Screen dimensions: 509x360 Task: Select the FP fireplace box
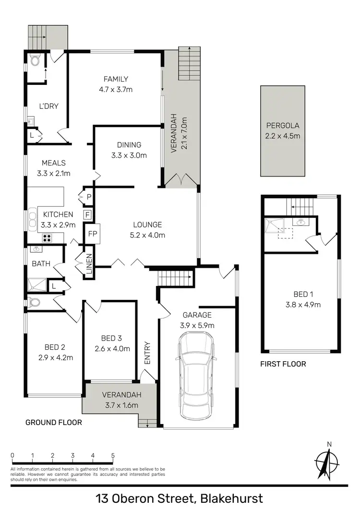point(93,234)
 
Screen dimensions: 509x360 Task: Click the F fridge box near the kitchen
point(88,214)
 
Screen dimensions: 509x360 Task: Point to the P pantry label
point(89,197)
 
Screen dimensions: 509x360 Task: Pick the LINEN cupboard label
point(89,264)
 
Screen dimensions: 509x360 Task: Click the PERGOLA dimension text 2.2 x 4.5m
point(283,136)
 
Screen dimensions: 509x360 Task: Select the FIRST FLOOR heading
point(283,364)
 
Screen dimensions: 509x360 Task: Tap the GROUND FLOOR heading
point(53,423)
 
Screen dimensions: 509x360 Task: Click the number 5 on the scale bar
point(113,456)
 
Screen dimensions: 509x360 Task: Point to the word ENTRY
point(147,353)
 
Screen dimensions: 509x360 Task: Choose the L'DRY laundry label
point(48,106)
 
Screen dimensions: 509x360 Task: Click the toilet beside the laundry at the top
point(34,60)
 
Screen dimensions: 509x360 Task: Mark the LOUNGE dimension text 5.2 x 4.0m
point(148,235)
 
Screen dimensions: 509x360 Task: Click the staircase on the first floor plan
point(299,208)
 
